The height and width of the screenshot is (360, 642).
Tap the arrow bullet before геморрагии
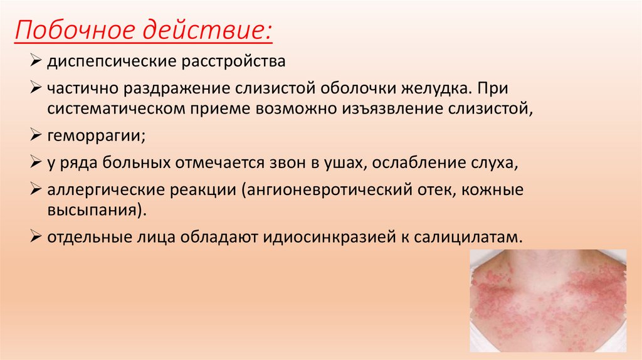[36, 134]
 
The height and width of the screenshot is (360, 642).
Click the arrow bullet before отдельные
[36, 238]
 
